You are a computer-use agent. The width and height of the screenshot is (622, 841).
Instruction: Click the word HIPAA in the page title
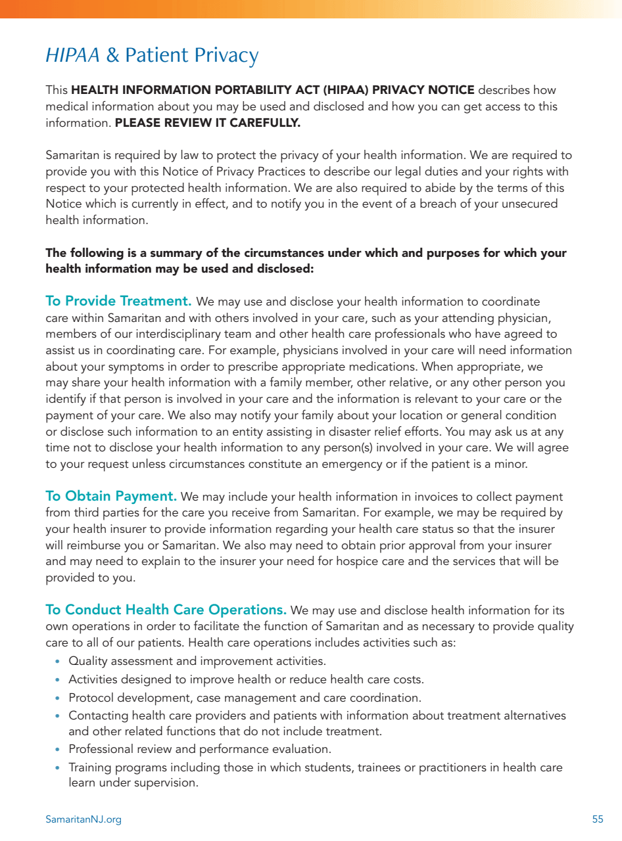(72, 56)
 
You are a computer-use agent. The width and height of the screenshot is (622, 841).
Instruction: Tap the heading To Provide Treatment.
(118, 302)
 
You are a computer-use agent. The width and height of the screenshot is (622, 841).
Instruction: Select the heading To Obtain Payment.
(111, 497)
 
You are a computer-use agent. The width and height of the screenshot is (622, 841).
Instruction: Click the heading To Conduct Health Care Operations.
(166, 610)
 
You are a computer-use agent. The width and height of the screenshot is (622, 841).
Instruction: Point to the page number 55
(598, 819)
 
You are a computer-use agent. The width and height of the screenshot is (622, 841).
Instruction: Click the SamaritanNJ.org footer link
(84, 819)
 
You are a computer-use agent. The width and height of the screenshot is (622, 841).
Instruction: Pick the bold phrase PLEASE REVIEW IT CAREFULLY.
(207, 123)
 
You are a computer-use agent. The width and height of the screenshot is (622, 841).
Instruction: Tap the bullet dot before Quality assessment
(58, 662)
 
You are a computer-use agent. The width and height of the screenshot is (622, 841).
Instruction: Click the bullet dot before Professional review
(58, 750)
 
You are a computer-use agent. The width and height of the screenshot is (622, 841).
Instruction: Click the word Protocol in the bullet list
(91, 698)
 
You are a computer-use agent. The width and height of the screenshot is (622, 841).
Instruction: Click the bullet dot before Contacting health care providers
(58, 716)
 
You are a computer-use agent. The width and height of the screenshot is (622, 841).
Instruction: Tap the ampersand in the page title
(113, 56)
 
